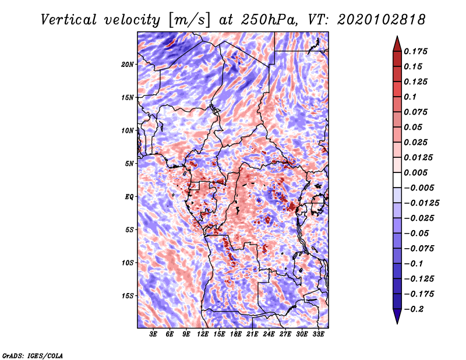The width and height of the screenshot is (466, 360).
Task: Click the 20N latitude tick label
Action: (128, 64)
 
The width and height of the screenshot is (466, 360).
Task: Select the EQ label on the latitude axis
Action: (129, 197)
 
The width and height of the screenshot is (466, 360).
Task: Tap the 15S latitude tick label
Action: (128, 296)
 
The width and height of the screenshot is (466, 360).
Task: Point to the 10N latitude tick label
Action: (128, 130)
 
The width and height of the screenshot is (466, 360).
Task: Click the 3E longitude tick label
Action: (153, 335)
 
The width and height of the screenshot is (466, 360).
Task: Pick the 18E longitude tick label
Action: (236, 335)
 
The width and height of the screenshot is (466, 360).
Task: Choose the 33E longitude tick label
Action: (318, 335)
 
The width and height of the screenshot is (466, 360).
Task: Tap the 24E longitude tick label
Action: (269, 335)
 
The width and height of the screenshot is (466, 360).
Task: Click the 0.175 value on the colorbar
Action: (418, 51)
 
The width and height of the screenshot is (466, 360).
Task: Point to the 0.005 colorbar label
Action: (418, 172)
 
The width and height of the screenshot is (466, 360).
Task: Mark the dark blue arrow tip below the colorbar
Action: (397, 319)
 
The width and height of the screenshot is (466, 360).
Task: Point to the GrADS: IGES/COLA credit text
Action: (32, 355)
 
